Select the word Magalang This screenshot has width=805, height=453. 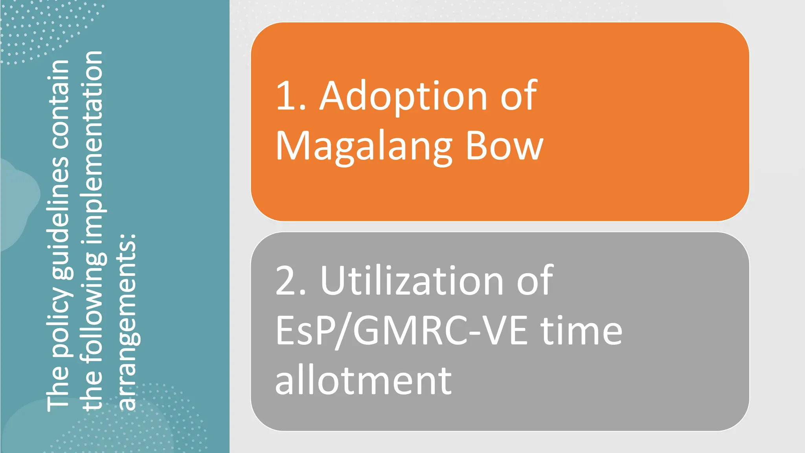point(364,147)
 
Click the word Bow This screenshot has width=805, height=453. point(504,146)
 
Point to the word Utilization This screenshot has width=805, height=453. point(412,281)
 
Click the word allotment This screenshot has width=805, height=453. point(363,381)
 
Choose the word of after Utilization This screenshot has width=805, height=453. point(535,281)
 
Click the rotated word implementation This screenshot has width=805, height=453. point(93,149)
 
